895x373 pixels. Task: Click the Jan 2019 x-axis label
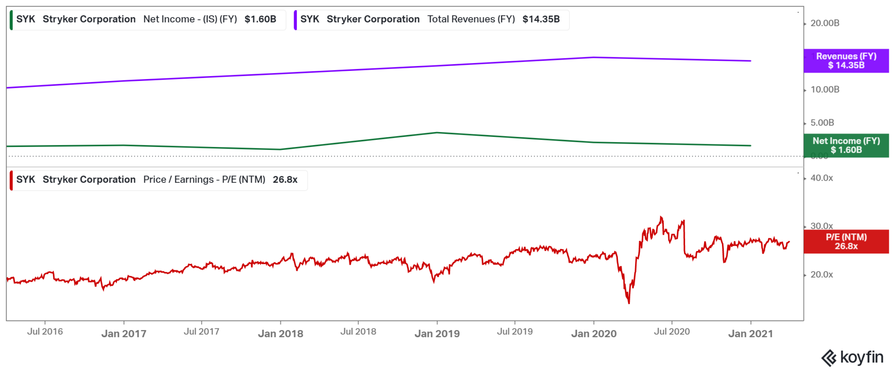(437, 334)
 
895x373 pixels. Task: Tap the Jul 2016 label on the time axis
(45, 331)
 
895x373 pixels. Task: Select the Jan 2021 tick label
(750, 334)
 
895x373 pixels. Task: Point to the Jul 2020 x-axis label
(672, 331)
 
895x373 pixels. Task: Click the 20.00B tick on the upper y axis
(825, 23)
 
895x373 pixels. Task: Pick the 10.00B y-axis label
(825, 90)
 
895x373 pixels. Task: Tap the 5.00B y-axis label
(822, 123)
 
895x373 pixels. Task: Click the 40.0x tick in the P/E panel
(822, 178)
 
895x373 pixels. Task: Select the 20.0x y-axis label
(822, 275)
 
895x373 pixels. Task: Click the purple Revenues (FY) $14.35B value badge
(846, 61)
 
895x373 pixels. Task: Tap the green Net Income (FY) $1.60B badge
(846, 146)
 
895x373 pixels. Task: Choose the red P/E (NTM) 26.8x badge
(846, 242)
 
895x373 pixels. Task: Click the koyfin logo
(853, 358)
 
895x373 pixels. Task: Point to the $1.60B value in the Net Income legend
(260, 19)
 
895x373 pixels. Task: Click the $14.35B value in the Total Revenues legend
(541, 19)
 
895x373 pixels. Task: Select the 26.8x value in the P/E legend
(285, 180)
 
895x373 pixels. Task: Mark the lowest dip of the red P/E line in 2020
(629, 303)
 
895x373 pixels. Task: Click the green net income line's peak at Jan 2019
(437, 132)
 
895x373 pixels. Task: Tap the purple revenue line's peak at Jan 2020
(594, 57)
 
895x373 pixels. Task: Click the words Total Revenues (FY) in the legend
(471, 19)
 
